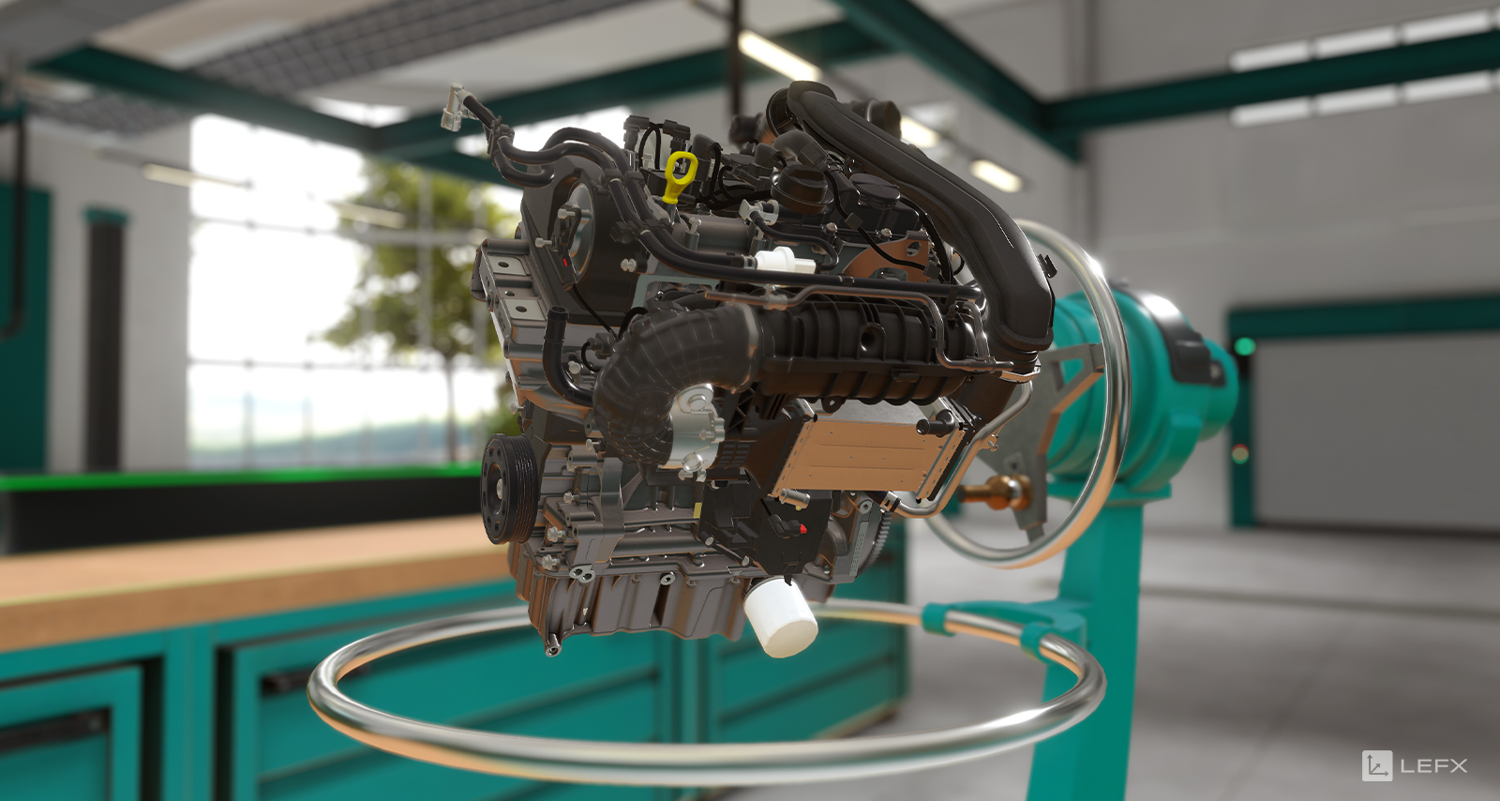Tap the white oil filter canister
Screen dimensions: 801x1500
[781, 617]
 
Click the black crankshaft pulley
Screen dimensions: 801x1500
[507, 488]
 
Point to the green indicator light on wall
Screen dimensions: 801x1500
[1244, 347]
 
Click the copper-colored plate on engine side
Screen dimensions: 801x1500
[867, 454]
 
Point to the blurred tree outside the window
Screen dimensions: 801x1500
[412, 272]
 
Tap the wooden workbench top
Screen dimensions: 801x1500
[234, 572]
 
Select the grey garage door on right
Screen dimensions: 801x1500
[1373, 431]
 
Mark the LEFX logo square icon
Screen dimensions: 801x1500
[1376, 765]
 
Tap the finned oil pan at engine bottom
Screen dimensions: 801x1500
[637, 600]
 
